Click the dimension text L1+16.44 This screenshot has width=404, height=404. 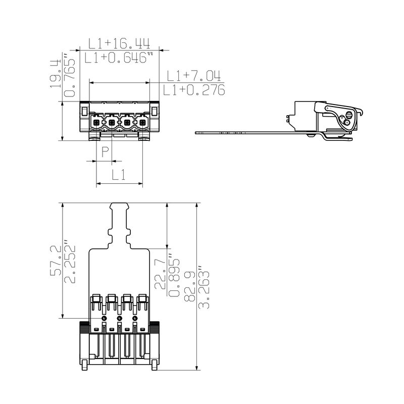point(119,42)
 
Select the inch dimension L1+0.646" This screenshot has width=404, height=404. point(119,59)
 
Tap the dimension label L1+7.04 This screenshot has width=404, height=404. point(194,76)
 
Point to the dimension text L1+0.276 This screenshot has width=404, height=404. point(194,91)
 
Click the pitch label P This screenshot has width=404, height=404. point(105,151)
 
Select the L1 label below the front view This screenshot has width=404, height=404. point(119,175)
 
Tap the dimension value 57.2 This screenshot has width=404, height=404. point(56,260)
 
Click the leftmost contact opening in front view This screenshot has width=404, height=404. point(96,122)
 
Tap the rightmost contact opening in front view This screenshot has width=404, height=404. point(142,122)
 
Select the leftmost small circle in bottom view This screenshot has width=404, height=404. point(104,319)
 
